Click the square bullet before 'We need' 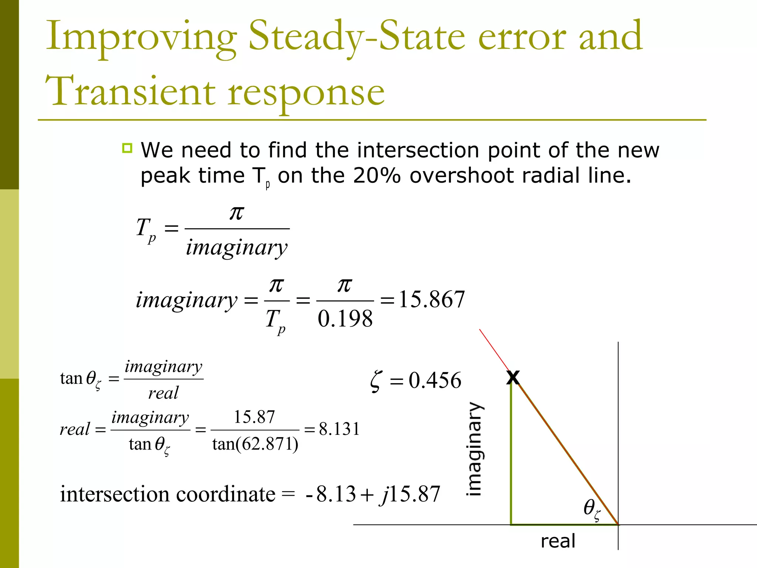[x=127, y=148]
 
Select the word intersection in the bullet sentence [x=418, y=150]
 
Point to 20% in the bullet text [x=377, y=175]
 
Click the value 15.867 [x=431, y=299]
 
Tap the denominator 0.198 [x=345, y=319]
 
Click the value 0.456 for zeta [x=435, y=380]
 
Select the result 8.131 [x=339, y=429]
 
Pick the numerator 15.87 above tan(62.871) [x=254, y=417]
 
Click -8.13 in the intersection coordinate [x=331, y=494]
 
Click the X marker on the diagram [x=513, y=378]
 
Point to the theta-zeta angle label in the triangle [x=592, y=508]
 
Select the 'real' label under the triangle [x=558, y=541]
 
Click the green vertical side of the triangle [x=511, y=455]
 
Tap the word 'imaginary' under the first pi [x=237, y=247]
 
